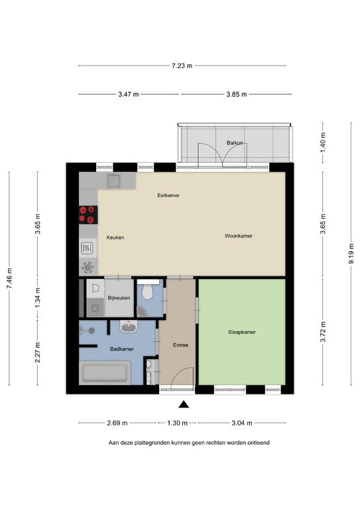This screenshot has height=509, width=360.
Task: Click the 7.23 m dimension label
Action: click(182, 66)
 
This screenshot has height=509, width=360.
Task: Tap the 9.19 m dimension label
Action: click(351, 254)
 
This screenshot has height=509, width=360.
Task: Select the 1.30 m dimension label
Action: click(177, 423)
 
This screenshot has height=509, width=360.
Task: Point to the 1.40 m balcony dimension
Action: click(323, 142)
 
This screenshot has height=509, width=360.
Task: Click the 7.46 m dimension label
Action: click(9, 278)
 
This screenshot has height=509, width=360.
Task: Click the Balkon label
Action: click(235, 142)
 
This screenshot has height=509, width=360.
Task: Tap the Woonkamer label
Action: click(239, 236)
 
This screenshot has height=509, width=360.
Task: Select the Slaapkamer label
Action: click(242, 332)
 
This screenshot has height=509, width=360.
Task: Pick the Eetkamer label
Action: click(168, 196)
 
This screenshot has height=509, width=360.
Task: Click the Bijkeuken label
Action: click(119, 298)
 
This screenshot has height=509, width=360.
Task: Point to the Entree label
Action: click(180, 345)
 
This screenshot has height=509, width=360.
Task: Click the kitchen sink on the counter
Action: click(113, 180)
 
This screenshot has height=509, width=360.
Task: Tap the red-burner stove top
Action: click(88, 215)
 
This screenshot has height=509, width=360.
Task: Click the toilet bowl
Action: click(148, 292)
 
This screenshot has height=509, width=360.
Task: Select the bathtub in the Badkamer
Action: click(105, 373)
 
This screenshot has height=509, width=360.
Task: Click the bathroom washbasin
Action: click(129, 327)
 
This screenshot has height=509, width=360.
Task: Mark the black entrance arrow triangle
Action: click(184, 404)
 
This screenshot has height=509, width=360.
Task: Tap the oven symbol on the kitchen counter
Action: click(88, 249)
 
